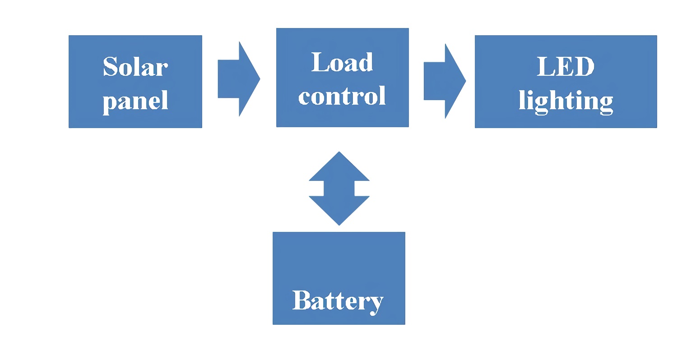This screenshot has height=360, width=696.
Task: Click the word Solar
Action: (135, 67)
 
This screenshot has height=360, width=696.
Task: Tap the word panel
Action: (135, 101)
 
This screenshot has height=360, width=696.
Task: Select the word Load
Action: (342, 62)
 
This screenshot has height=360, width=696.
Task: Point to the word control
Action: (342, 96)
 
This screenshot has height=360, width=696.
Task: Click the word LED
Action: (566, 66)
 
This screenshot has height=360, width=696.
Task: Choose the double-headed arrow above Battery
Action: (339, 188)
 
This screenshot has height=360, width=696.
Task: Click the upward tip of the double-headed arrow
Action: (339, 153)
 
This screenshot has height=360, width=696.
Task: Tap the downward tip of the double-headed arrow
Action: (339, 223)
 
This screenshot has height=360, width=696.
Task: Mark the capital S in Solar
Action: (111, 67)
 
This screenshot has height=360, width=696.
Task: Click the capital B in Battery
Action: (302, 300)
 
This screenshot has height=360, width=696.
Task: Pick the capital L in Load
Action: (320, 62)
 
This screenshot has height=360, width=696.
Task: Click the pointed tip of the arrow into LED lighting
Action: (464, 81)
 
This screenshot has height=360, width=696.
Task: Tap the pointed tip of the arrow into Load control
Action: (259, 79)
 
